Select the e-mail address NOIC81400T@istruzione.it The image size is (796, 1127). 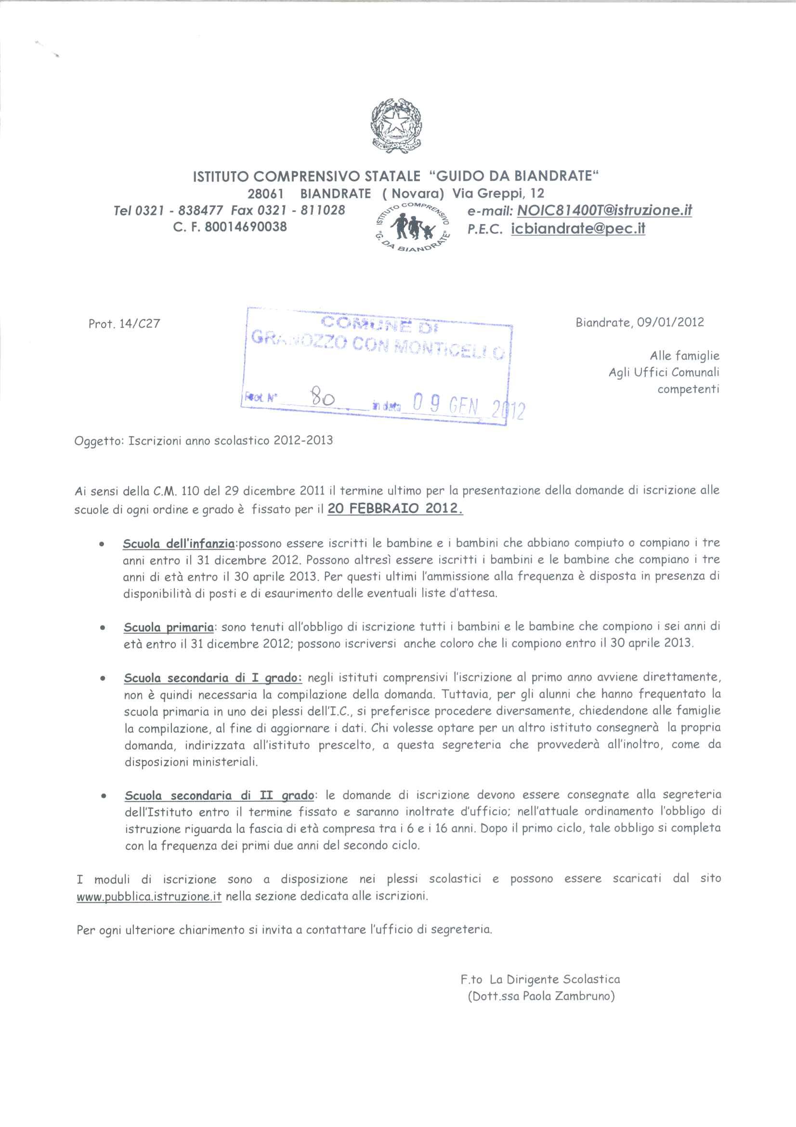click(604, 211)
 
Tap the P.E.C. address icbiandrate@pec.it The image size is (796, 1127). click(578, 229)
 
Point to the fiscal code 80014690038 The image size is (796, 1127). click(245, 227)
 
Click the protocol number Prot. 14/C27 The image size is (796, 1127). click(124, 324)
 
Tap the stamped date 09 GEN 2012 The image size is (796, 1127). click(468, 406)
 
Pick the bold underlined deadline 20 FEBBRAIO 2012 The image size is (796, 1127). click(395, 509)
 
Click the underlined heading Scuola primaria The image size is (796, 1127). click(169, 627)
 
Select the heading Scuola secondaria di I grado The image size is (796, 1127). click(213, 678)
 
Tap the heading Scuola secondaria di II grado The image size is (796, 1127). click(219, 795)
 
